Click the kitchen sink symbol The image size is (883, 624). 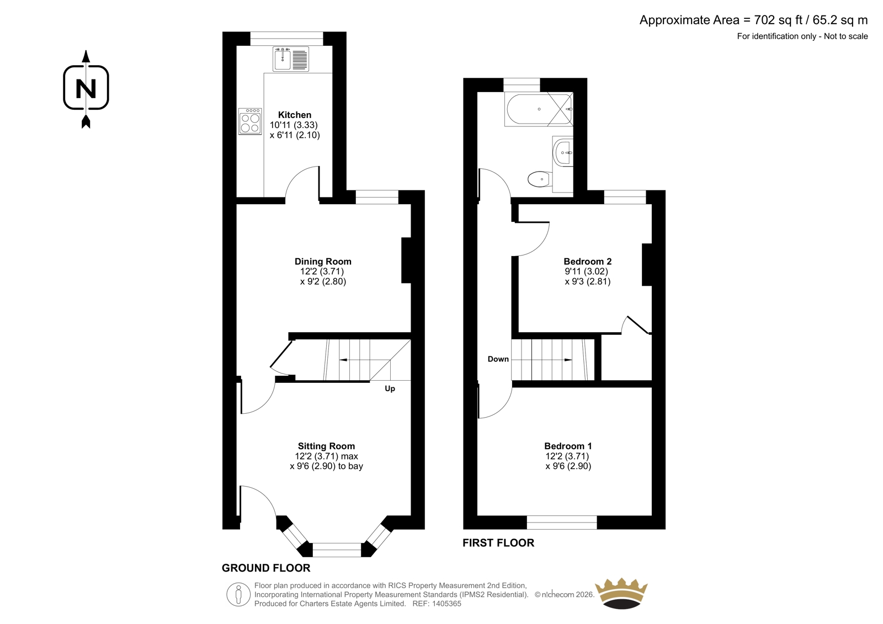coord(290,58)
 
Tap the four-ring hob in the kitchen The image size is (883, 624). coord(250,121)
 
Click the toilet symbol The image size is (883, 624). coord(540,179)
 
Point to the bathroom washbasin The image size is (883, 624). coord(563,152)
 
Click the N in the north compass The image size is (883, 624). coord(86,88)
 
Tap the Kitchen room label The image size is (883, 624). coord(295,115)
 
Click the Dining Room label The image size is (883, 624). coord(323,262)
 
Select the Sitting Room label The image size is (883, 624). coord(326,446)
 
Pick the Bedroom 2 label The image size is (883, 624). coord(587,262)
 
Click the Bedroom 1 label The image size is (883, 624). coord(568,446)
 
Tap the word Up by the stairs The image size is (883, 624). coord(390,388)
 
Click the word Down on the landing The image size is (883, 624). coord(498,359)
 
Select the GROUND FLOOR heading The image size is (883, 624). coord(266,568)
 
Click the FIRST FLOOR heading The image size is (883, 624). coord(498,543)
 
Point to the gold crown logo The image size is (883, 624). coord(621,593)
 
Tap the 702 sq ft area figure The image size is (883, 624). coord(778,20)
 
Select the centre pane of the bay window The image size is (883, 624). coord(337,550)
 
